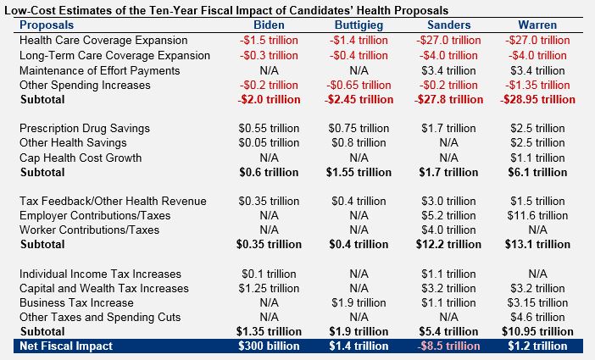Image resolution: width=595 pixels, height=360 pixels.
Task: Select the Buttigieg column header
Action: (359, 25)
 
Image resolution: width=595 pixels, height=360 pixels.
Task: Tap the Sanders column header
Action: (450, 25)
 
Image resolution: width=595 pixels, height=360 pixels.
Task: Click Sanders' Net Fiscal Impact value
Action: (450, 346)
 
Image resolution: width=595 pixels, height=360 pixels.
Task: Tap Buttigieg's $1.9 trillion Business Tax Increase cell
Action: (359, 302)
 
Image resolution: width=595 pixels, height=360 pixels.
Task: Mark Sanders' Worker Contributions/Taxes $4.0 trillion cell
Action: (450, 230)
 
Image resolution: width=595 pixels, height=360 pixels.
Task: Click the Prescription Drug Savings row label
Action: (84, 128)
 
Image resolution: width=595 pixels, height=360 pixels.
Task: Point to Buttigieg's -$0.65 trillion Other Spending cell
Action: (359, 85)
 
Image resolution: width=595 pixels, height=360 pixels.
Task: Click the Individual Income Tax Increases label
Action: (100, 274)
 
